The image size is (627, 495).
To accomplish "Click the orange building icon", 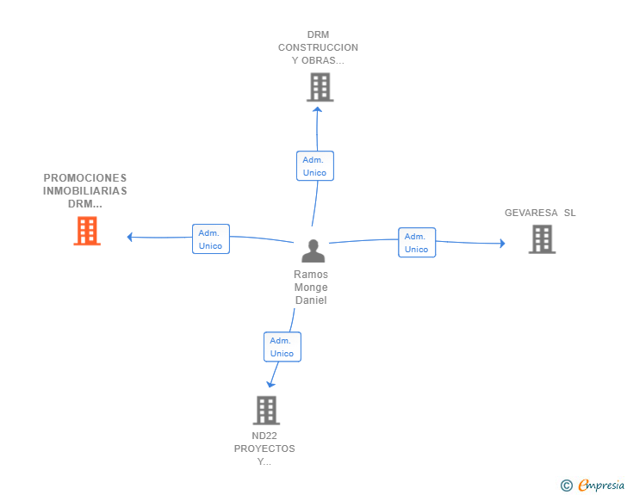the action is [87, 231].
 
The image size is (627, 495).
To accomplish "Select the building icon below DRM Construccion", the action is [320, 87].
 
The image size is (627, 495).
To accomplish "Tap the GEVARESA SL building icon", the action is [543, 239].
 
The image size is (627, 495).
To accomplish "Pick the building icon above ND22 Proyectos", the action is [266, 411].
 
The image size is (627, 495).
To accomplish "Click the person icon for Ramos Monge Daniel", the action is [313, 251].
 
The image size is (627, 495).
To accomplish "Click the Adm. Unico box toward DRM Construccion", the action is [315, 166].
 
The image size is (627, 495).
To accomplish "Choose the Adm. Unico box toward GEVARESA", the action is [417, 242].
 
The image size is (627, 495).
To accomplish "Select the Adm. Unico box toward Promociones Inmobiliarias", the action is [211, 238].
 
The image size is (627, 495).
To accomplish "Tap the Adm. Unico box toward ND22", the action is [282, 347].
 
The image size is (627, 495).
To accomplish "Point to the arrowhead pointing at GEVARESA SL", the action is [503, 243].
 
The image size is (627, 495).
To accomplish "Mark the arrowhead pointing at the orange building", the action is [129, 237].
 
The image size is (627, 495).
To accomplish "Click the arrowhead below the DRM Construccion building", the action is [318, 109].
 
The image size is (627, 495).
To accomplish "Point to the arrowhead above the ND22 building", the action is [270, 384].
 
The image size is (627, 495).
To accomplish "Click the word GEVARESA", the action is [531, 213].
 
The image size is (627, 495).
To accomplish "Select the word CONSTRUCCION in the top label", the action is [319, 47].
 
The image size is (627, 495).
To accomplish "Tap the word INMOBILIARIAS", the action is [85, 191].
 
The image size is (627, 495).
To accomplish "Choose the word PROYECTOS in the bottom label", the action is [264, 449].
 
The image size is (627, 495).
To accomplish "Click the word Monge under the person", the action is [311, 288].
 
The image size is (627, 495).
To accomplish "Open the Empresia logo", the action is [601, 486].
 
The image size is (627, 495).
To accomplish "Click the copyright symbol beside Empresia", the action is [566, 486].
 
